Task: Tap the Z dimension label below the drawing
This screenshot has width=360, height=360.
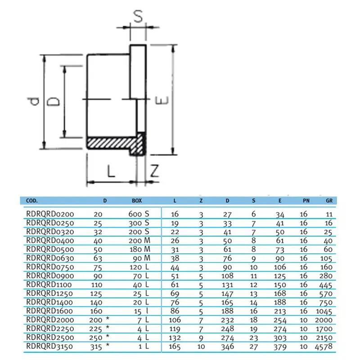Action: (x=155, y=171)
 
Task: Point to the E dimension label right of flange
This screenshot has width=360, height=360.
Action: (x=162, y=100)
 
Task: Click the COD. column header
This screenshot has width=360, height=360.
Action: (x=31, y=201)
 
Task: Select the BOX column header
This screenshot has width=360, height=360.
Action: (x=137, y=201)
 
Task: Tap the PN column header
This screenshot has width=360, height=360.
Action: (x=306, y=201)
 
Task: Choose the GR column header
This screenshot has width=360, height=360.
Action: (x=329, y=201)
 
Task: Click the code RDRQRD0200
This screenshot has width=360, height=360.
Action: (x=50, y=214)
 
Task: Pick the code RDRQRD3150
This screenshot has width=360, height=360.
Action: (x=49, y=346)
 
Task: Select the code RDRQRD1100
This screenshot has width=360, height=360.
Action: (x=49, y=285)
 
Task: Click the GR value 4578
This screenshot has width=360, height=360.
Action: (x=324, y=346)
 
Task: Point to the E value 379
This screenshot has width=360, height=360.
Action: (x=280, y=346)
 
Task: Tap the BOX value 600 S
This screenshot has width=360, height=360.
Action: (x=139, y=214)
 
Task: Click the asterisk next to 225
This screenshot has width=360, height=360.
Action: (x=107, y=327)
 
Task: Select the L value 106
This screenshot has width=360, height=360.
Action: (x=175, y=320)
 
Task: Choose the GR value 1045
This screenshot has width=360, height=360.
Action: (x=324, y=311)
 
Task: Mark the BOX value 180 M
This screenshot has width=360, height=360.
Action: (x=140, y=249)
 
